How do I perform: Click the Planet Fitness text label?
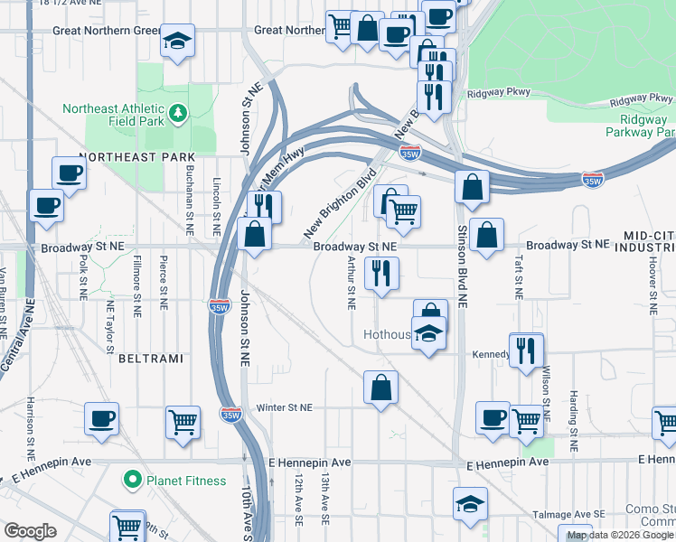tap(187, 481)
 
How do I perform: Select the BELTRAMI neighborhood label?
tap(151, 359)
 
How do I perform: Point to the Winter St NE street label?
tap(284, 407)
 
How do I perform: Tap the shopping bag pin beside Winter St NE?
tap(380, 388)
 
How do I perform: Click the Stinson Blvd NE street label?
tap(461, 262)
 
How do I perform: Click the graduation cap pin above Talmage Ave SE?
tap(470, 503)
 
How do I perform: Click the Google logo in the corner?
tap(30, 531)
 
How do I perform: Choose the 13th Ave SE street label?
tap(324, 502)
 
